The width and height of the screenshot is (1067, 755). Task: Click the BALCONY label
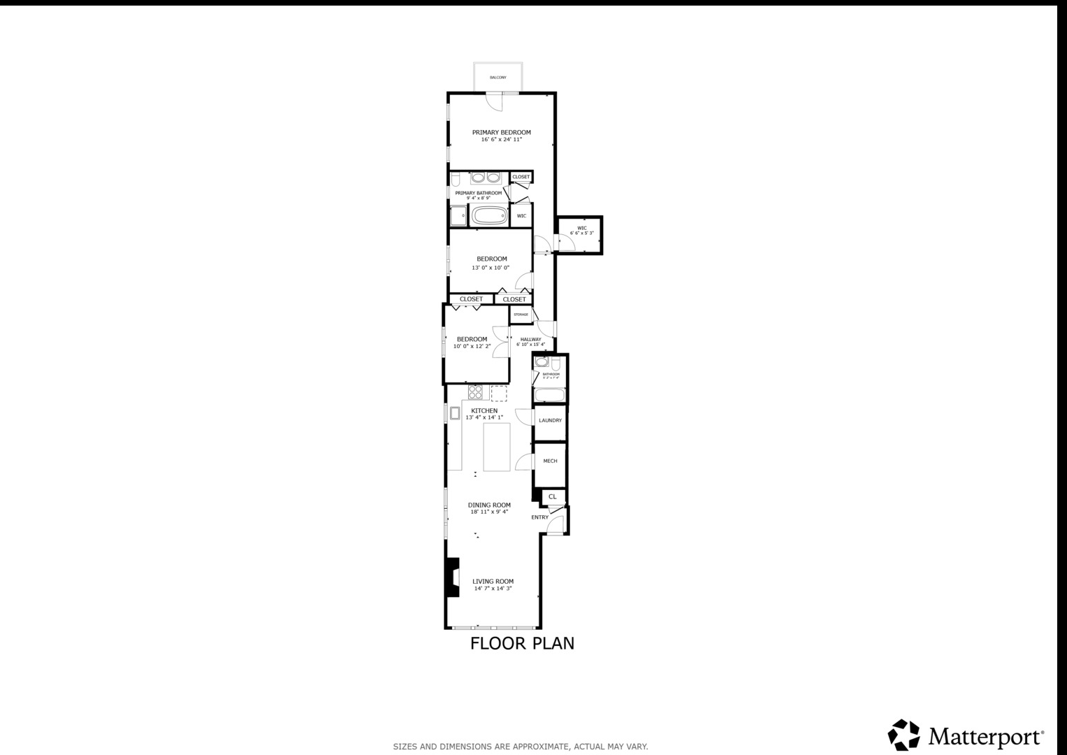pos(498,78)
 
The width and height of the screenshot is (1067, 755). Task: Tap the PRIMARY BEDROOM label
pos(501,132)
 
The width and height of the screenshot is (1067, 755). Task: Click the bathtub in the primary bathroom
pos(490,215)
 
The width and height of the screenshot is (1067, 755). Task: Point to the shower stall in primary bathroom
pos(458,216)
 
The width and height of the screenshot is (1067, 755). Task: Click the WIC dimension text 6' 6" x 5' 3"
pos(581,233)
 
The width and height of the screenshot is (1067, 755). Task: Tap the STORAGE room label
pos(521,315)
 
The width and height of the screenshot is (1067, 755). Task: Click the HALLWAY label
pos(530,340)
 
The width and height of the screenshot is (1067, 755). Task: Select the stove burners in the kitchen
pos(475,391)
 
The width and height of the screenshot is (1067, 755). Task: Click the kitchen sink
pos(454,413)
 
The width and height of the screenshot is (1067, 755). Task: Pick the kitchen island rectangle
pos(497,447)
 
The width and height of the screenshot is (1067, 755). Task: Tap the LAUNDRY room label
pos(550,421)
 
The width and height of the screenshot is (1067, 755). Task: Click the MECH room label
pos(550,461)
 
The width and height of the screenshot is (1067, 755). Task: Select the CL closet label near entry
pos(553,496)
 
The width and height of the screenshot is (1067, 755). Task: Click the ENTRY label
pos(539,517)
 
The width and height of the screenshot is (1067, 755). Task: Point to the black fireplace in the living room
pos(453,577)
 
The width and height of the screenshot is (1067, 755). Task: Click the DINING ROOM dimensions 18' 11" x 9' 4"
pos(489,512)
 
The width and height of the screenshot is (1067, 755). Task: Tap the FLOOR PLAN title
pos(522,643)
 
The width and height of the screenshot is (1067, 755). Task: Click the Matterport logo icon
pos(903,735)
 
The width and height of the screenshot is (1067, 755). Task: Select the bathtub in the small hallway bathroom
pos(549,396)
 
